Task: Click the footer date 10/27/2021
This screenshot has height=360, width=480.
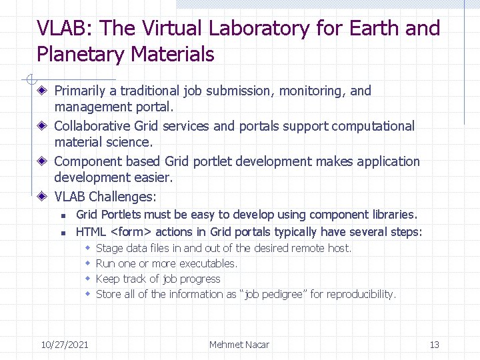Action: [65, 344]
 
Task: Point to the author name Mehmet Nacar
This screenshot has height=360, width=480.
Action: [239, 344]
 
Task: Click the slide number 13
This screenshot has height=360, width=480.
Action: [434, 344]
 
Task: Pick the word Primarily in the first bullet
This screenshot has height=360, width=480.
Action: [79, 91]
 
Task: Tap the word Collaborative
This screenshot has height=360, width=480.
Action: [92, 126]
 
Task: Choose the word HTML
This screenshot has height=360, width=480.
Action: [91, 232]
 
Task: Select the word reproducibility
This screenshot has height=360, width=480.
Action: [358, 294]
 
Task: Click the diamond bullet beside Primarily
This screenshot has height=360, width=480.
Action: [42, 91]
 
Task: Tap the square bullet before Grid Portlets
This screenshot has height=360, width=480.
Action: [61, 215]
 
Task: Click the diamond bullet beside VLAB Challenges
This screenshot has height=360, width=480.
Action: [42, 197]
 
